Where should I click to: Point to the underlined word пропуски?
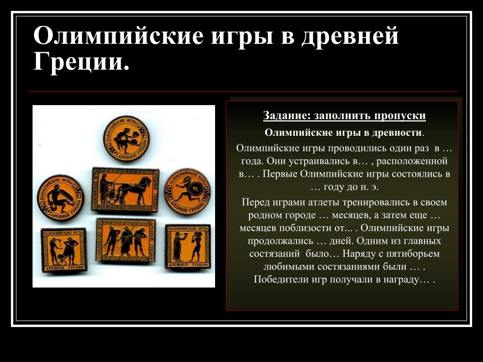400,116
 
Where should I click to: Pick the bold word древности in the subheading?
396,132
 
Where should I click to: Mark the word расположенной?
412,161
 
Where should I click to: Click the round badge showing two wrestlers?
126,139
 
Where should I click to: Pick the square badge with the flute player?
188,247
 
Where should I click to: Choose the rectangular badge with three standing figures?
125,240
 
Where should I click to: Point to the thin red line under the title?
243,92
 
